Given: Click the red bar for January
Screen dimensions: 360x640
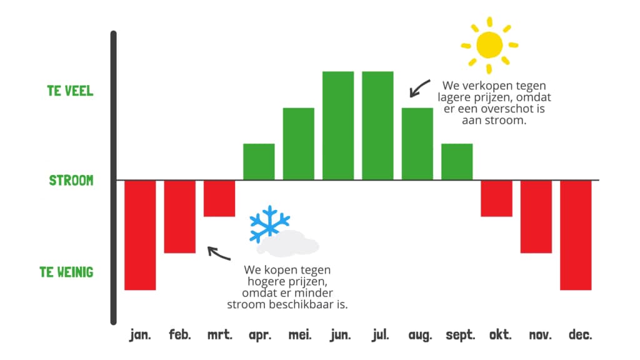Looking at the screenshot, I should [140, 235].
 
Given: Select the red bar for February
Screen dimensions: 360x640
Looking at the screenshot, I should [180, 216].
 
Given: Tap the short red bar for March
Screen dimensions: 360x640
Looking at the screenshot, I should [219, 198].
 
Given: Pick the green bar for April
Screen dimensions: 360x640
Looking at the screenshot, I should [259, 161].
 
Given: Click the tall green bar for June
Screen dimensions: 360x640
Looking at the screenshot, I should [338, 126].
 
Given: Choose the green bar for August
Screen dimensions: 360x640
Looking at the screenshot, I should [417, 144].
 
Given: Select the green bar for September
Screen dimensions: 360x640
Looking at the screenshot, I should [457, 161].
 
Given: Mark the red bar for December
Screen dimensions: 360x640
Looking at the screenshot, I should [576, 235].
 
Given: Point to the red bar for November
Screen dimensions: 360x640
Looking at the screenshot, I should [536, 216].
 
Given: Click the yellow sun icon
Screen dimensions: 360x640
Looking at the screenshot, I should [489, 44].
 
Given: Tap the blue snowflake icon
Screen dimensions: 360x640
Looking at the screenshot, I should [269, 223].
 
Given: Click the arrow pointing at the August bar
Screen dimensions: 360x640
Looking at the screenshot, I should [419, 88].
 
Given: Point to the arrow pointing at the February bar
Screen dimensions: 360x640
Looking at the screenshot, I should [218, 253].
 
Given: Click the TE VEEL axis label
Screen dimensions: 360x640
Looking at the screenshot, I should [70, 91].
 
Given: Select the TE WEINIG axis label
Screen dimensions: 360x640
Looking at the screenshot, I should [66, 272].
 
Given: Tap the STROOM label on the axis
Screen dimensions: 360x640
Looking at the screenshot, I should [71, 181].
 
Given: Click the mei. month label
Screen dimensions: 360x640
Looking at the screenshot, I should [299, 335].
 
